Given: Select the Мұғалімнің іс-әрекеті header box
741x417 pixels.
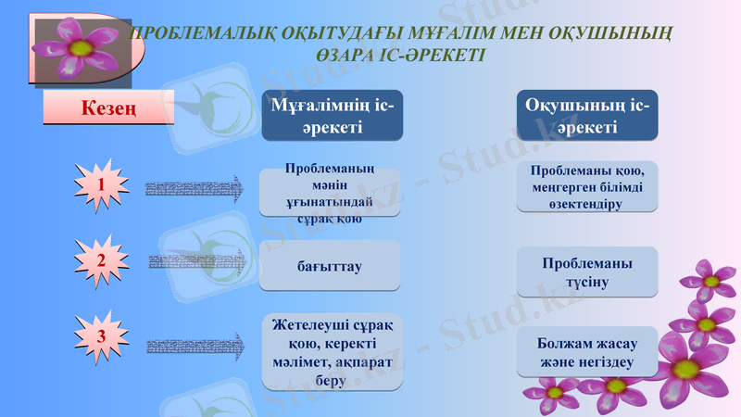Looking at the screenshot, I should [332, 116].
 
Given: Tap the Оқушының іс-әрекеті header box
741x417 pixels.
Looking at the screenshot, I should [586, 116].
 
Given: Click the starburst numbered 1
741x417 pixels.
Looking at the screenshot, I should [100, 187].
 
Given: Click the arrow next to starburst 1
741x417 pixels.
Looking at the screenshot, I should [195, 188].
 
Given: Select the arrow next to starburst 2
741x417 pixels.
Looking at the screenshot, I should [195, 262].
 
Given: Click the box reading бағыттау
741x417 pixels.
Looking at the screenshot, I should [330, 266].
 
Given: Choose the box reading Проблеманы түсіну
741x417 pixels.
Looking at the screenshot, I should [586, 272].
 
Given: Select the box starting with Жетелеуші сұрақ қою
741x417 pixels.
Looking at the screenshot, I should [332, 352].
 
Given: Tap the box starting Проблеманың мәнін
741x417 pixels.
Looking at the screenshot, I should [330, 193].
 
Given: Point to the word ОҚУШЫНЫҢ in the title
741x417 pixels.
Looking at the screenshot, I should [606, 34].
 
